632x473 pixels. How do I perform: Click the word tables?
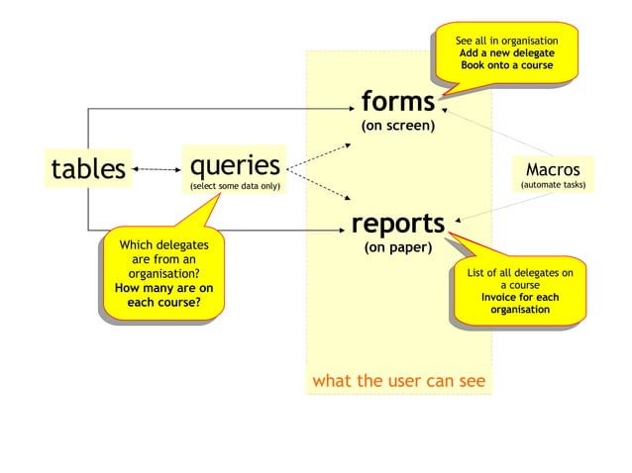pyautogui.click(x=88, y=169)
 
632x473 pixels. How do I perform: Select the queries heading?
pyautogui.click(x=235, y=163)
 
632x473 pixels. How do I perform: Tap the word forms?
pyautogui.click(x=398, y=101)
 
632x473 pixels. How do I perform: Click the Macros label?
pyautogui.click(x=553, y=169)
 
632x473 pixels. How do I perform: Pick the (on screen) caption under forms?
pyautogui.click(x=398, y=126)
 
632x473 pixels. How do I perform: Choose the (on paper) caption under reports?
pyautogui.click(x=397, y=247)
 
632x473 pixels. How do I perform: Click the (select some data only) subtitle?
pyautogui.click(x=235, y=186)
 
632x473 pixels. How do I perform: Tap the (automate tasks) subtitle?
pyautogui.click(x=553, y=185)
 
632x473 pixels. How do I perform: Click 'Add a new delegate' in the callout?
pyautogui.click(x=506, y=52)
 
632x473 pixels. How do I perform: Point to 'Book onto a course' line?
pyautogui.click(x=506, y=65)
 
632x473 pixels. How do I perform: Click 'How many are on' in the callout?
pyautogui.click(x=164, y=288)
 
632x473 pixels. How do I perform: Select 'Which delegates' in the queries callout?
pyautogui.click(x=164, y=243)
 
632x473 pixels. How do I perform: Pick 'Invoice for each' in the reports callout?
pyautogui.click(x=520, y=297)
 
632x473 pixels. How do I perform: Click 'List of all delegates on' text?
pyautogui.click(x=520, y=271)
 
